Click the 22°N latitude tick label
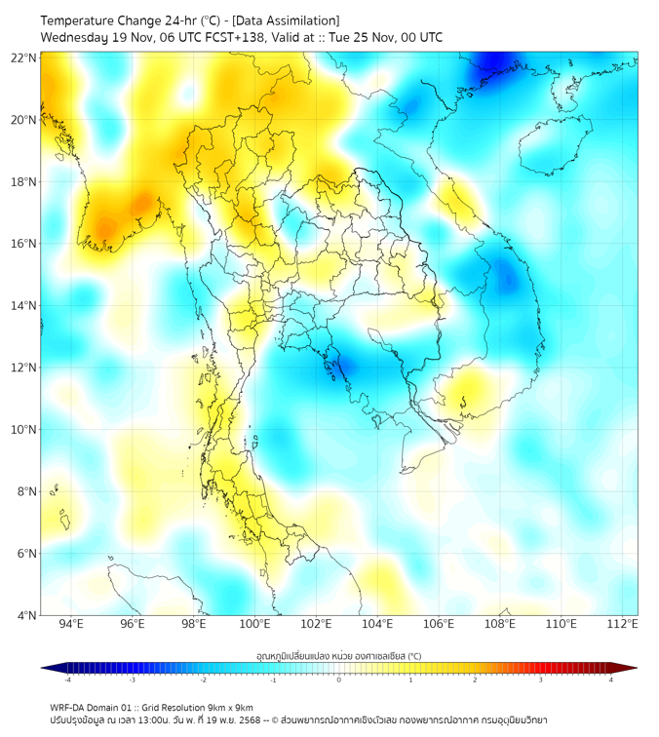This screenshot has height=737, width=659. pyautogui.click(x=24, y=58)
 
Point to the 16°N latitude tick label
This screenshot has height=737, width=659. pyautogui.click(x=24, y=244)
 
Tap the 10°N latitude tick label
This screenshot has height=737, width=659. pyautogui.click(x=24, y=430)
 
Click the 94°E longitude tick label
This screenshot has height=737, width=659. pyautogui.click(x=71, y=624)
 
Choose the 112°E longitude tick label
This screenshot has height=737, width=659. pyautogui.click(x=624, y=624)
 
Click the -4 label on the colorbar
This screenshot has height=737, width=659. pyautogui.click(x=66, y=680)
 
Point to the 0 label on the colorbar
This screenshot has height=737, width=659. pyautogui.click(x=339, y=680)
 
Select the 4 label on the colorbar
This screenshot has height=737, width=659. pyautogui.click(x=611, y=680)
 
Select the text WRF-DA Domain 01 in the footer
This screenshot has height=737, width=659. pyautogui.click(x=96, y=707)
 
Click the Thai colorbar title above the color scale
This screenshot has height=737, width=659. pyautogui.click(x=338, y=655)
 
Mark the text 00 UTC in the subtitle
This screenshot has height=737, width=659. pyautogui.click(x=420, y=37)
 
